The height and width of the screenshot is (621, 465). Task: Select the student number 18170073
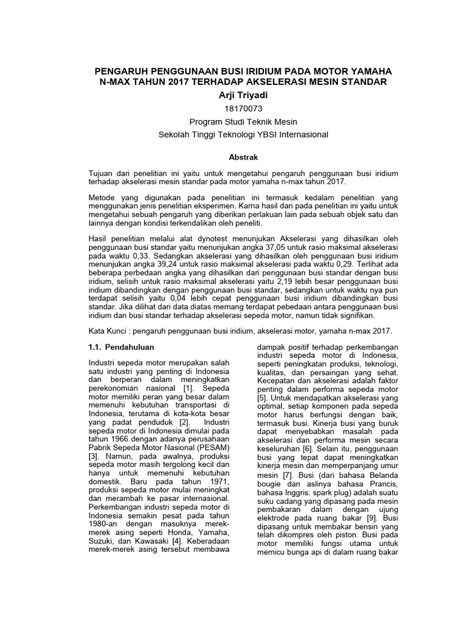(x=232, y=108)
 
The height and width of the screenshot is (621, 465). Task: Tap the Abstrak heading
(x=232, y=156)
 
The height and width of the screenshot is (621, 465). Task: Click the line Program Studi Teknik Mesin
(x=232, y=121)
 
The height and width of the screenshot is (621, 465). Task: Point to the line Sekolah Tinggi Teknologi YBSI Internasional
(x=232, y=134)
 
